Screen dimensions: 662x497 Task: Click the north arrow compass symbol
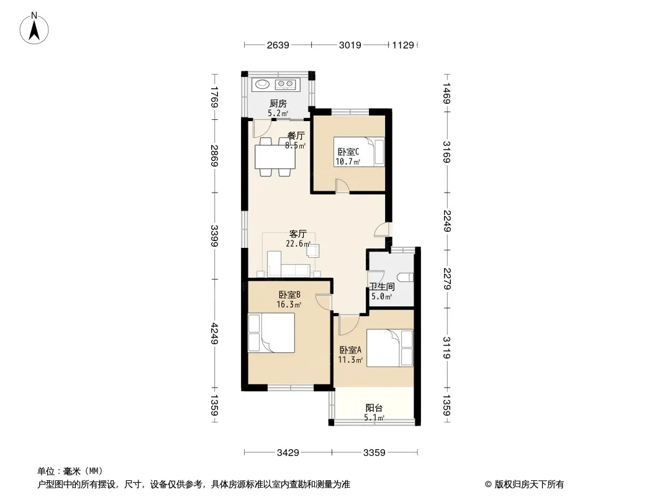34,29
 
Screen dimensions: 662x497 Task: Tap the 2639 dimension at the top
278,45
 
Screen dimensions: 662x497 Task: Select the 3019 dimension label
350,45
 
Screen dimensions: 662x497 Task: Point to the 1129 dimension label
403,45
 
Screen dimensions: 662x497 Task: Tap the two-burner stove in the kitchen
285,84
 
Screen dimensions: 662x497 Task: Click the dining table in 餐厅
275,157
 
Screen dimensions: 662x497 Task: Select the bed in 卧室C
359,152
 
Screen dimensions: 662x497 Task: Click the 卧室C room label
348,152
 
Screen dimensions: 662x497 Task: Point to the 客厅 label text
297,234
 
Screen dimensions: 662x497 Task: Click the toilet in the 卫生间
407,278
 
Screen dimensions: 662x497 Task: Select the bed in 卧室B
271,333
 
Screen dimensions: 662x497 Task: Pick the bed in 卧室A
389,348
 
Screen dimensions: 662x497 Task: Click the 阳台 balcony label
374,408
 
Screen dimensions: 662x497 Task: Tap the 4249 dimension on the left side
214,333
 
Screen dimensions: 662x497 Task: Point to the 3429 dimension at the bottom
288,453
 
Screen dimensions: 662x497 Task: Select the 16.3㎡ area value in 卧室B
289,304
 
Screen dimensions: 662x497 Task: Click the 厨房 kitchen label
278,104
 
